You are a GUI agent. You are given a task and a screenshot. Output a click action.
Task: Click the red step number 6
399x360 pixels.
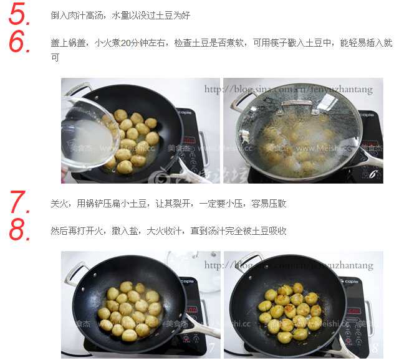point(20,42)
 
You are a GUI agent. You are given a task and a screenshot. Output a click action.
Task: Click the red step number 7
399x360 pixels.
point(20,203)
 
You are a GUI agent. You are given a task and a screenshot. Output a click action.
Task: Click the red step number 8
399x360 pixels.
point(20,230)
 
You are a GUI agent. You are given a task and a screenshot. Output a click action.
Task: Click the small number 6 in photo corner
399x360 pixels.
point(374,176)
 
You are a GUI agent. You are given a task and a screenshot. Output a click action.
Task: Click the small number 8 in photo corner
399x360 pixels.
point(374,348)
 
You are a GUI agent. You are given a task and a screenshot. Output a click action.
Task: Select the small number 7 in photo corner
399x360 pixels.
point(211,348)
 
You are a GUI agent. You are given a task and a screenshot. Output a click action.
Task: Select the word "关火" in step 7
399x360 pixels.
point(58,204)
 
